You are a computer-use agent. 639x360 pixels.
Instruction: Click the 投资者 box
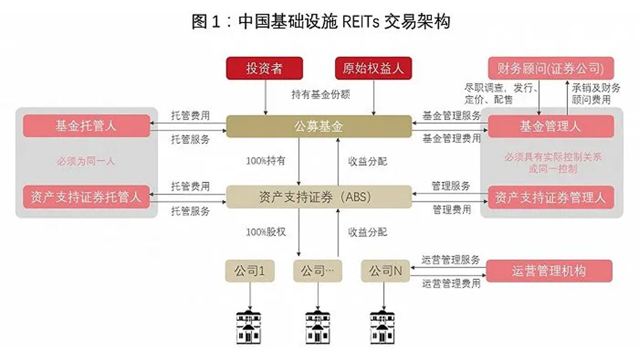click(x=264, y=69)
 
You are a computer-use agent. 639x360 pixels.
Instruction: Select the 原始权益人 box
click(x=373, y=69)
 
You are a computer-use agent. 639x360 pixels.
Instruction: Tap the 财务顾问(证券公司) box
click(x=550, y=69)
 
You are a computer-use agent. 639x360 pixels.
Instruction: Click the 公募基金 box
click(x=319, y=127)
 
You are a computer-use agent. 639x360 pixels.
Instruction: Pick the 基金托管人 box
click(x=86, y=126)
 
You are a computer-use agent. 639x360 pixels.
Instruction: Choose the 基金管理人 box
click(x=550, y=127)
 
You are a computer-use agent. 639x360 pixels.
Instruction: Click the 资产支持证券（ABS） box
click(x=319, y=197)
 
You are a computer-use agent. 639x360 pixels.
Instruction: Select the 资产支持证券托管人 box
click(x=86, y=197)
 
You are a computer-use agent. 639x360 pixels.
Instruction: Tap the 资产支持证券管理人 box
click(x=550, y=197)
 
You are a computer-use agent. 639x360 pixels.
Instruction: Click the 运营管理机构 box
click(x=549, y=271)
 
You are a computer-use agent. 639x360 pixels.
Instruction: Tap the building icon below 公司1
click(x=250, y=325)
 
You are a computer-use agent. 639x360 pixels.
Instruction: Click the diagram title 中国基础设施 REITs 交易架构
click(x=320, y=22)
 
